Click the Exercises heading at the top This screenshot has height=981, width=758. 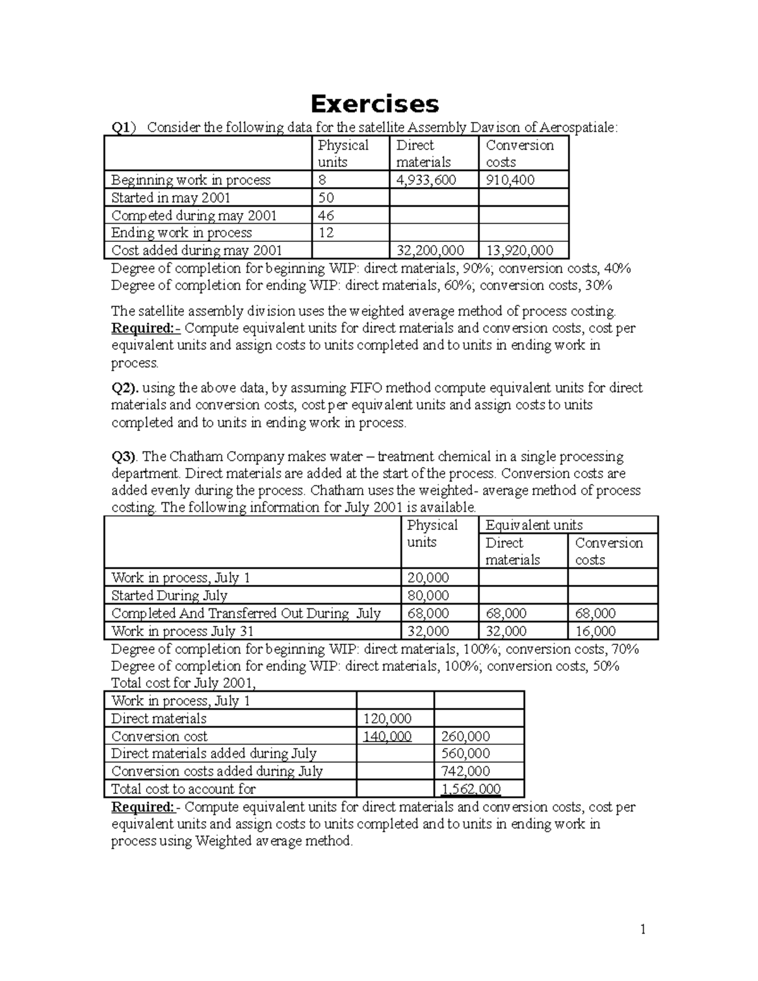[374, 103]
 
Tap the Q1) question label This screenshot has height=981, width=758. [123, 128]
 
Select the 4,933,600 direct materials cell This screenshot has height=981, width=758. [426, 180]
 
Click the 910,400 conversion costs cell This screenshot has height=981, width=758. [510, 180]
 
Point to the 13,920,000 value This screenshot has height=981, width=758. [520, 251]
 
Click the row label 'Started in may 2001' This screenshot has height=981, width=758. [171, 198]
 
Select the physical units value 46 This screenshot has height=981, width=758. [326, 215]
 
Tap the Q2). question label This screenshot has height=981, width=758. [125, 388]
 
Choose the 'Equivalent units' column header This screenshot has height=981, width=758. [534, 525]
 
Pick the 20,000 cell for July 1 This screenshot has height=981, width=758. [428, 577]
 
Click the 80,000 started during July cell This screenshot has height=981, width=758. [428, 595]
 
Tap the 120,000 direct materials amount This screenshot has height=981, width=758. [387, 718]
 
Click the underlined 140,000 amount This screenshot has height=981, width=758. [387, 736]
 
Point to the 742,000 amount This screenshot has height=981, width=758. [466, 771]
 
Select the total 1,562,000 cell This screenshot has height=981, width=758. [471, 789]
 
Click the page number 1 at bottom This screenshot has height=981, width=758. [643, 929]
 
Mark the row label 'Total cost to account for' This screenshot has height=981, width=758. [183, 789]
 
